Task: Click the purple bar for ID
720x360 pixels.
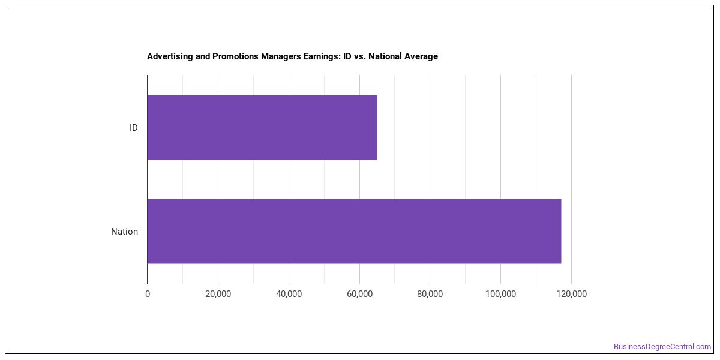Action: point(262,127)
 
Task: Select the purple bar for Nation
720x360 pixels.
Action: point(354,231)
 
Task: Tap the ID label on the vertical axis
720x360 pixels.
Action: point(133,128)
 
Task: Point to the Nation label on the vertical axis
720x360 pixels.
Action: point(124,232)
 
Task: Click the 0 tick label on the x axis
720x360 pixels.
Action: point(148,294)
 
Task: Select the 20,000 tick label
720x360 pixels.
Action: point(218,294)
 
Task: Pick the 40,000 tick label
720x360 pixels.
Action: point(289,294)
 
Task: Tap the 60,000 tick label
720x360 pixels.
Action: point(359,294)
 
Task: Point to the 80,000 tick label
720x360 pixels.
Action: point(430,294)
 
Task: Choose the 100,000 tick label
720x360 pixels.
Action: point(500,294)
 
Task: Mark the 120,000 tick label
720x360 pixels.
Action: point(571,294)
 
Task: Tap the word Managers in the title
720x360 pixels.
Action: point(281,56)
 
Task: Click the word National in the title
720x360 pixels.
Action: point(385,56)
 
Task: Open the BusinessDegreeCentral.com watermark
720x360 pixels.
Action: point(662,347)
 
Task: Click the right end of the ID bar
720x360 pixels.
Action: point(377,127)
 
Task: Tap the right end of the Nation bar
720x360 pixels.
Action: point(561,231)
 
